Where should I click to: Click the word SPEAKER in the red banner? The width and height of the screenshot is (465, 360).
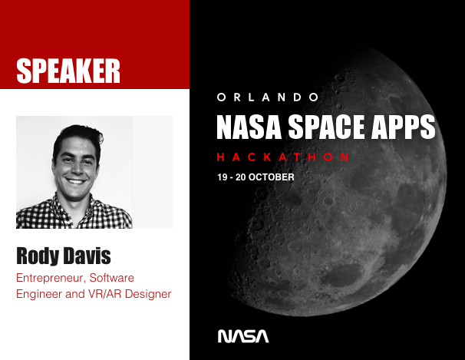tap(68, 71)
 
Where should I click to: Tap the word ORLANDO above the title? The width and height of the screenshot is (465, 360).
tap(267, 97)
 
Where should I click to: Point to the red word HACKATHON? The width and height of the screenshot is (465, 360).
tap(283, 157)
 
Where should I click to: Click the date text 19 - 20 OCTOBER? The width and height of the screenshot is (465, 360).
tap(255, 177)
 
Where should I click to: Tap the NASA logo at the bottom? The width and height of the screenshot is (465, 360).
tap(243, 336)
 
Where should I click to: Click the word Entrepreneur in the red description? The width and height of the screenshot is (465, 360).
tap(51, 276)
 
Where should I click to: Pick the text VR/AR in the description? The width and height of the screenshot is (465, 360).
tap(104, 294)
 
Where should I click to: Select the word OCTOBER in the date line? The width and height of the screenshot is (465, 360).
tap(271, 177)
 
